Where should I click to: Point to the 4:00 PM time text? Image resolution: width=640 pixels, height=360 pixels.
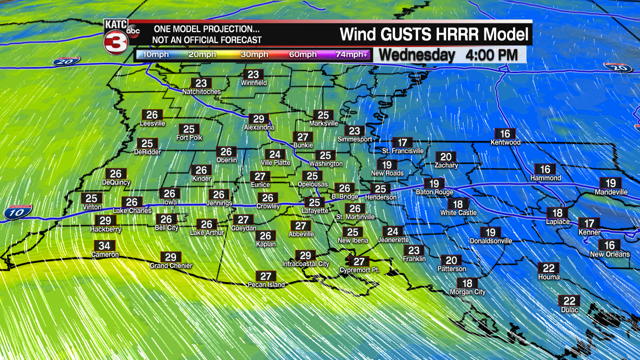[x=491, y=55]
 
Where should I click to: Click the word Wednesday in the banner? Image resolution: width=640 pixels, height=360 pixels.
[x=417, y=55]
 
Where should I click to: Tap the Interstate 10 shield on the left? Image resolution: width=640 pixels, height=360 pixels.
[x=18, y=212]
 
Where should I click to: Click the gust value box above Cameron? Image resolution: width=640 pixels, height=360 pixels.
[x=104, y=245]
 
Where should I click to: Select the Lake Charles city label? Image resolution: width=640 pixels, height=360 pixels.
[x=132, y=211]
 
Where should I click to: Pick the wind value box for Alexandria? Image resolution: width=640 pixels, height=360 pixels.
[x=258, y=118]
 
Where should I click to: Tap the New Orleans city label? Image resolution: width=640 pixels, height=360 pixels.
[x=610, y=254]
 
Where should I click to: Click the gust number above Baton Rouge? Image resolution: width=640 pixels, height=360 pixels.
[x=434, y=183]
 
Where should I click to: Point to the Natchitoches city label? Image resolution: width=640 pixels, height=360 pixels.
[x=201, y=92]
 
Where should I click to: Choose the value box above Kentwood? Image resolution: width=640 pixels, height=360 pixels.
[x=505, y=133]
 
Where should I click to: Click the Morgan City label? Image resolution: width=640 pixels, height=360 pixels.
[x=467, y=292]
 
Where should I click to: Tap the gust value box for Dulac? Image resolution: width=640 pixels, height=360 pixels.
[x=569, y=300]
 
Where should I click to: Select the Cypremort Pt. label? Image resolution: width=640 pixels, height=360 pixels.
[x=359, y=270]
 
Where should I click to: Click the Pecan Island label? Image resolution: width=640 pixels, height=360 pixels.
[x=266, y=285]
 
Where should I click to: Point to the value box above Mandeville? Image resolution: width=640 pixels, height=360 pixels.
[x=611, y=183]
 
